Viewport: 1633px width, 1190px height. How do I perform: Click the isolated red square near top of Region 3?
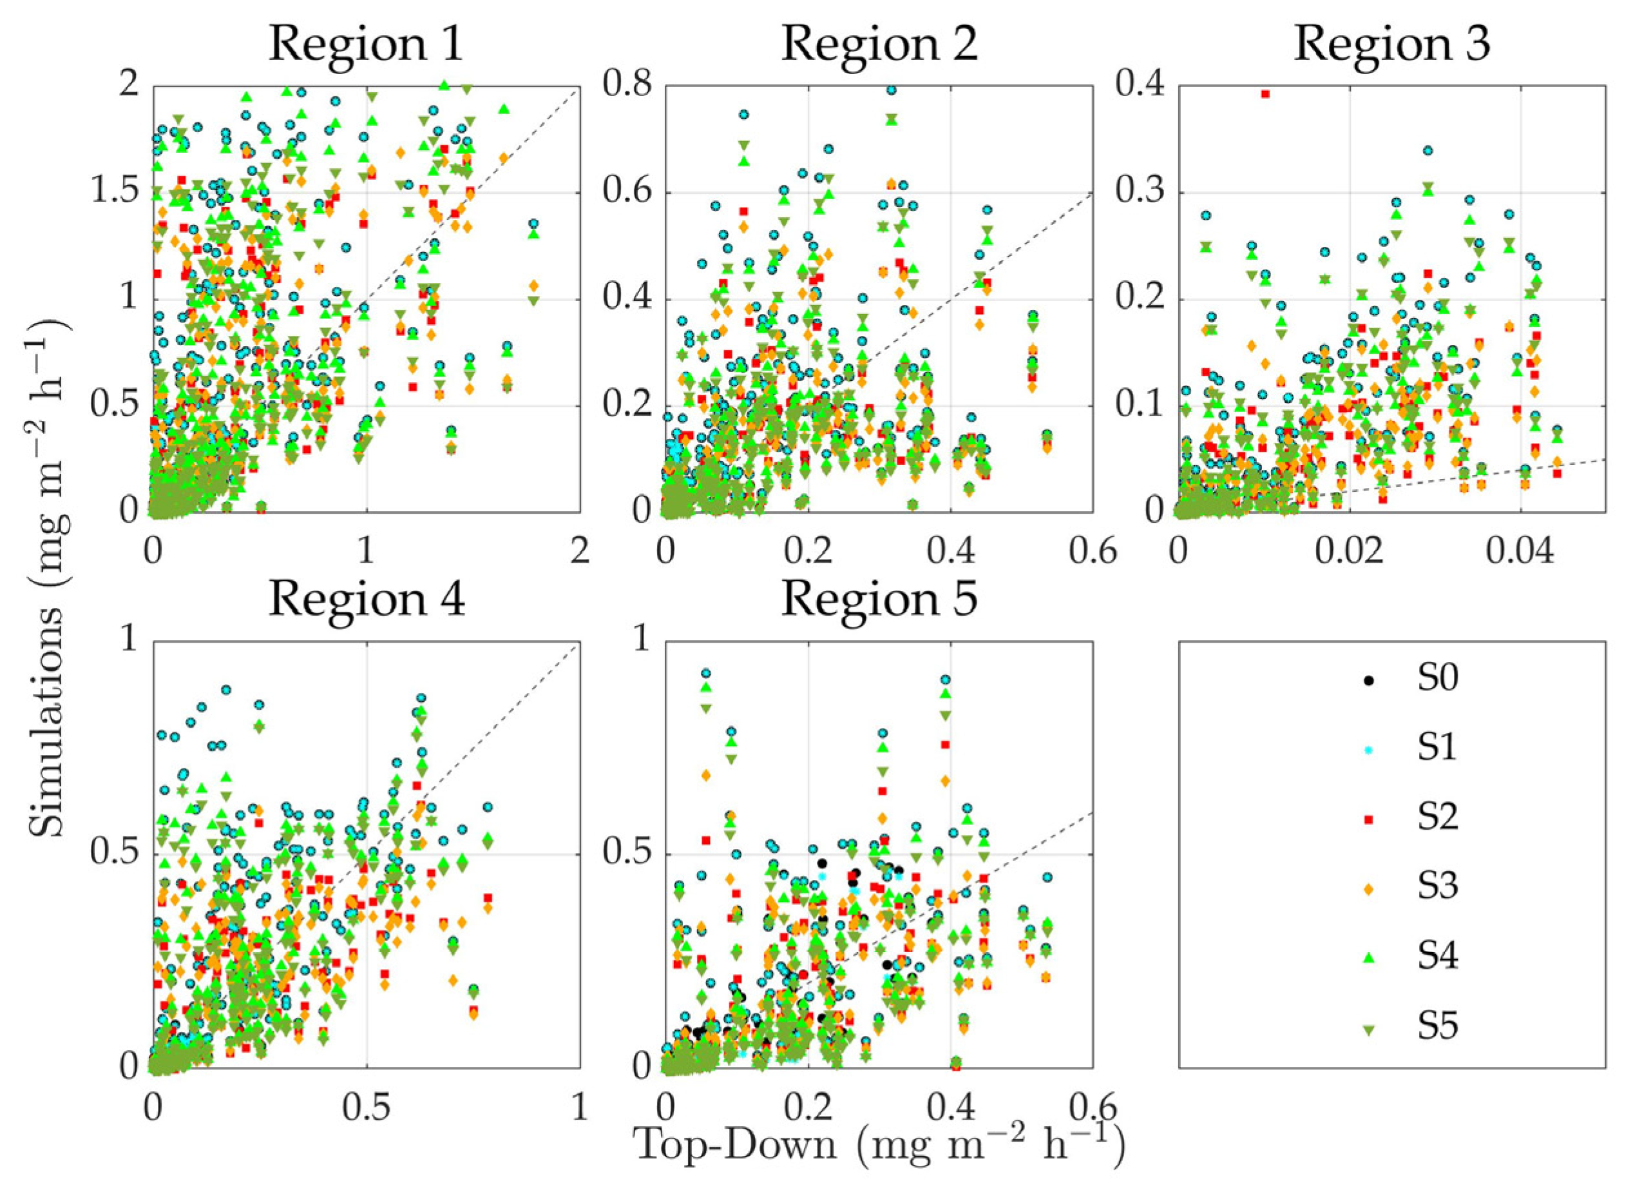tap(1265, 93)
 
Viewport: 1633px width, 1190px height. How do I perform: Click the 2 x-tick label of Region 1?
tap(578, 552)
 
